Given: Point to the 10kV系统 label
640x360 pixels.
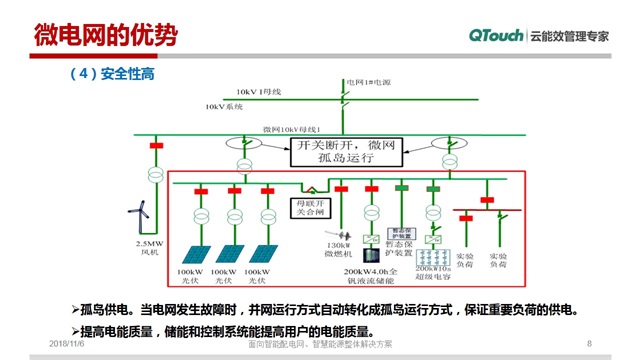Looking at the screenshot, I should [224, 105].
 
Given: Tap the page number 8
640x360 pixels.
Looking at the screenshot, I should [589, 343].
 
